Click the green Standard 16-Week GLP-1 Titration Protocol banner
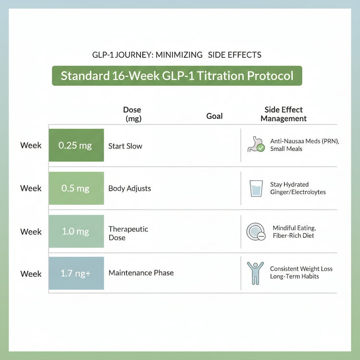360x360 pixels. [177, 76]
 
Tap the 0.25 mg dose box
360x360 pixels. [76, 145]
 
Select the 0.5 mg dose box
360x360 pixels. [76, 188]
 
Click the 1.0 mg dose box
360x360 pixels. [76, 231]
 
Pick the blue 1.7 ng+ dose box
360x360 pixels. [76, 273]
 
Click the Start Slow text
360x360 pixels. [125, 146]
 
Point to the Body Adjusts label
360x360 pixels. [130, 188]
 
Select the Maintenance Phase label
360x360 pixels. [141, 273]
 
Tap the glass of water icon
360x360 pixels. [256, 188]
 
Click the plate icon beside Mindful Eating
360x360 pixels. [256, 231]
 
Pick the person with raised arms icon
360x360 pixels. [255, 273]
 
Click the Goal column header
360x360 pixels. [215, 116]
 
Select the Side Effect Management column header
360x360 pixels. [284, 114]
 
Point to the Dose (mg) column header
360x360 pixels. [132, 114]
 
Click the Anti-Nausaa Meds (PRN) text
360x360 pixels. [305, 141]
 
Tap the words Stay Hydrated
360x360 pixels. [289, 184]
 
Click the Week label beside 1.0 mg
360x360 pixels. [31, 232]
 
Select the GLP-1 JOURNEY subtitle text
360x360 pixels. [177, 55]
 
